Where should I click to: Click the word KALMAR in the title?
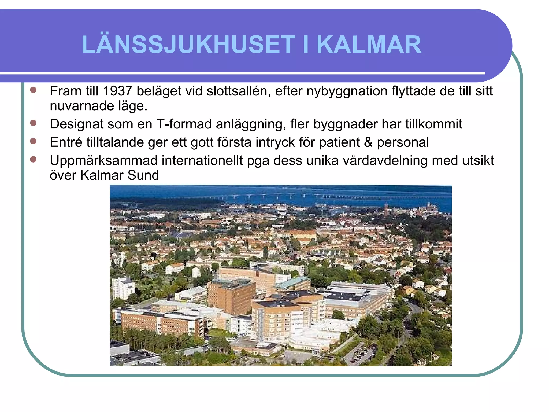click(x=369, y=45)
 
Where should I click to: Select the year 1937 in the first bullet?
click(x=117, y=91)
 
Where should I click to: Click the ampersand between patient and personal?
click(x=368, y=142)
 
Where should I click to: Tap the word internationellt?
click(x=202, y=161)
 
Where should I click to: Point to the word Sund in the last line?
click(x=143, y=175)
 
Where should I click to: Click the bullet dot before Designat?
click(x=33, y=123)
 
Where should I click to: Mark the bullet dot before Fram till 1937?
click(x=33, y=90)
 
